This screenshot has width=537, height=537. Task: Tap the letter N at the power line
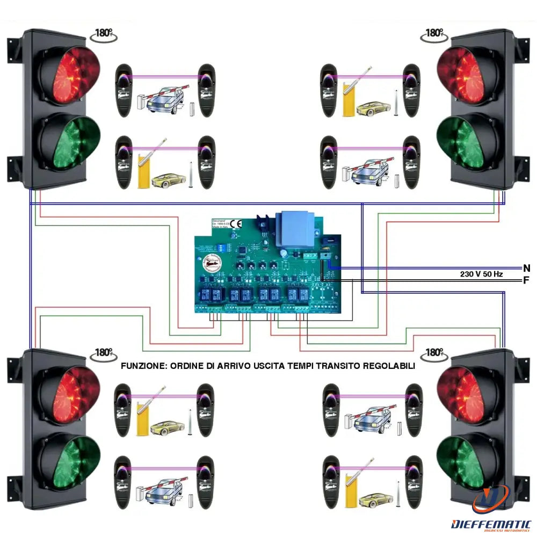527,267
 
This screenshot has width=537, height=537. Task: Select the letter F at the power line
527,280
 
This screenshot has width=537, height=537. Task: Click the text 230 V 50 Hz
481,274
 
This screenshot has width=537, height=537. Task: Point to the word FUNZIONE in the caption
143,366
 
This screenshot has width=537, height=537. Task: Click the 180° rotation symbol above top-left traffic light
103,34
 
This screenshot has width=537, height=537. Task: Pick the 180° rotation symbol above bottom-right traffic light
434,353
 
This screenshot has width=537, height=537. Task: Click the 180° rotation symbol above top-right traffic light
434,33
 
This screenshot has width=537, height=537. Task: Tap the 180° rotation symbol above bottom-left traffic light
103,353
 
